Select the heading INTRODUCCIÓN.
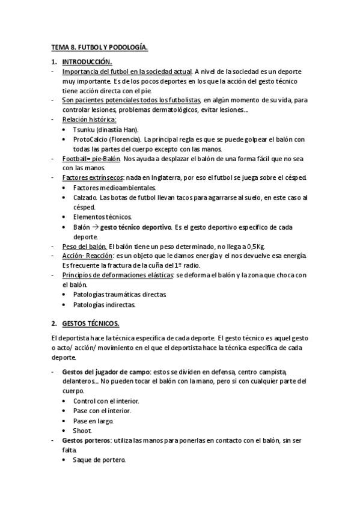coord(87,62)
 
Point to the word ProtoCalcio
coord(90,140)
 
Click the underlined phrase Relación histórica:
coord(89,120)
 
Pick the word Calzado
coord(85,197)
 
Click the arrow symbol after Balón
coord(94,227)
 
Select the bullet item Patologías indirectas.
coord(104,304)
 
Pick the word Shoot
coord(82,431)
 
